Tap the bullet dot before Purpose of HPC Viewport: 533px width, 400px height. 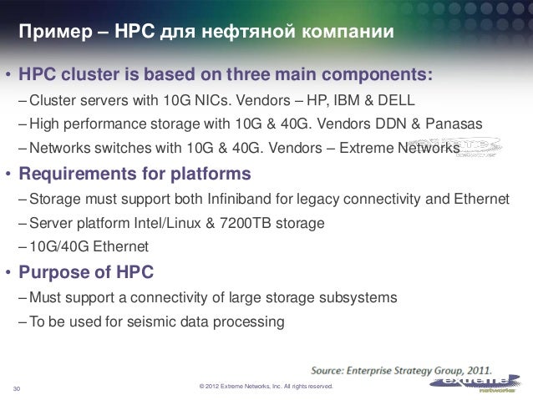[10, 272]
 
